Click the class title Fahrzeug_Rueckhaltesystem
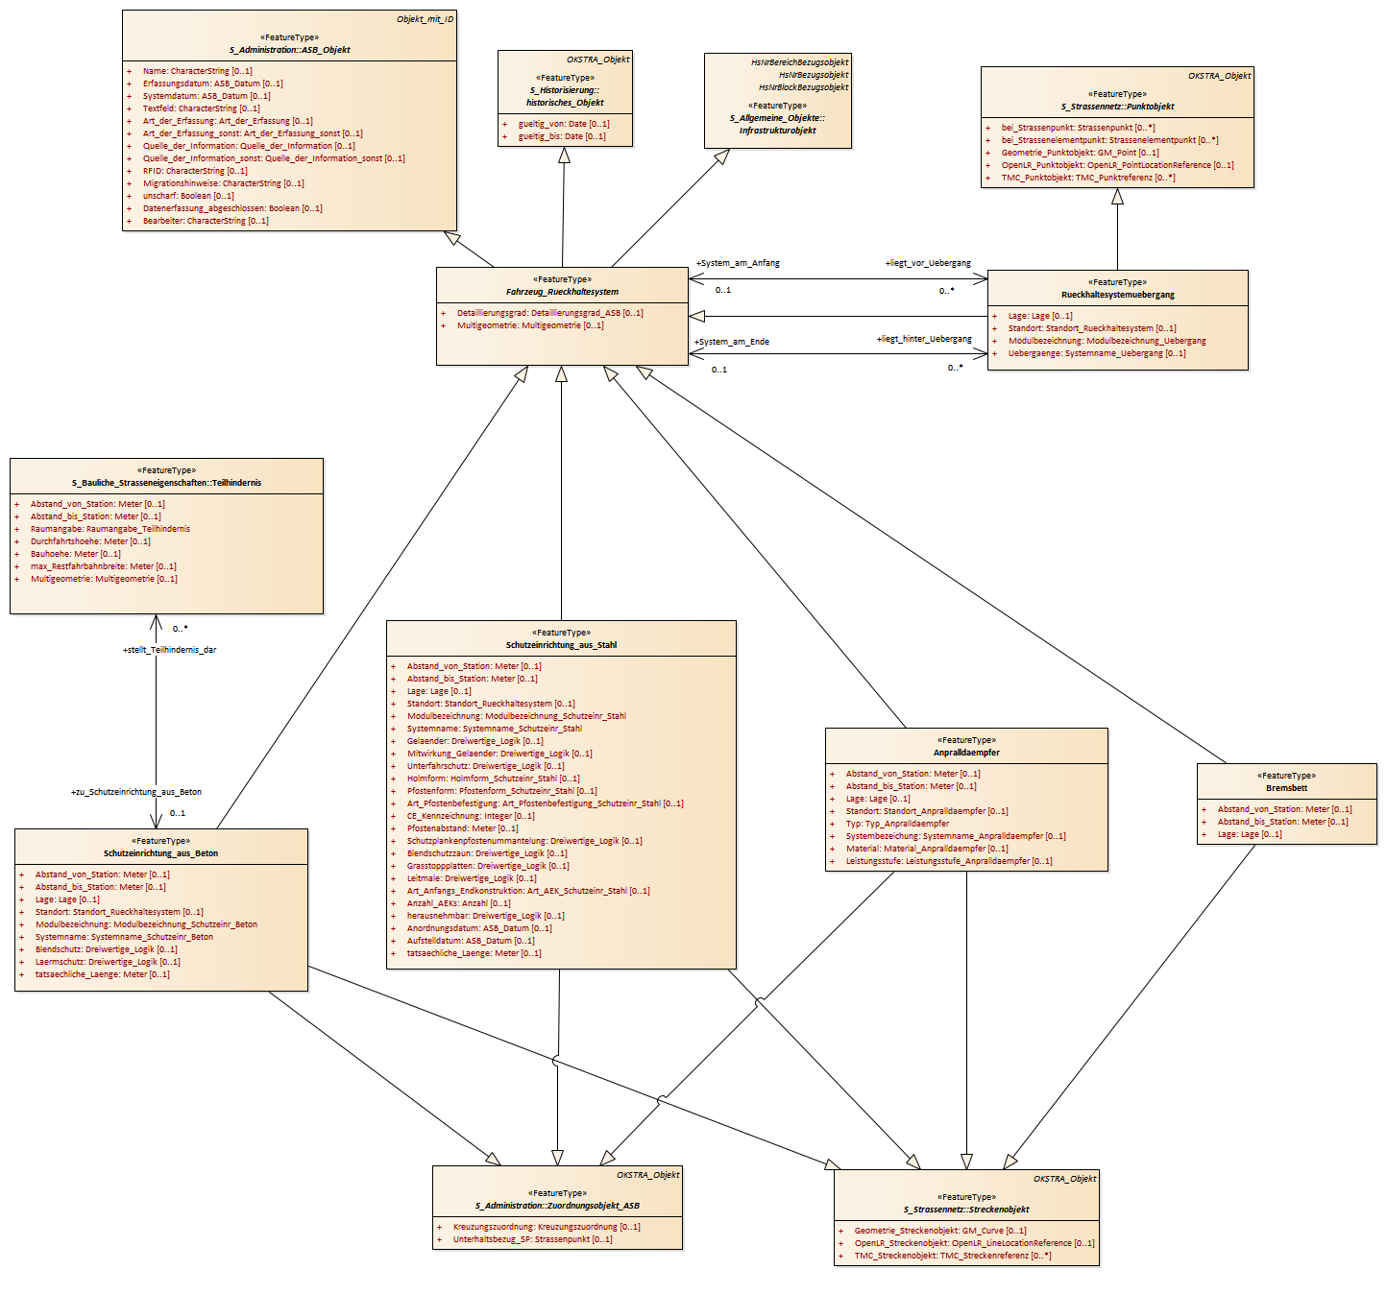[x=562, y=292]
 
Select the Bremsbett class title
[x=1286, y=788]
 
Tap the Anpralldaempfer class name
[x=966, y=753]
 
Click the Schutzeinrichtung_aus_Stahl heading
[x=561, y=645]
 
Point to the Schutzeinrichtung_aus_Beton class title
[x=160, y=853]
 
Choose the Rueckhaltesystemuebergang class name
[x=1117, y=295]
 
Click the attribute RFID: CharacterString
[x=195, y=171]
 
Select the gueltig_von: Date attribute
[x=563, y=124]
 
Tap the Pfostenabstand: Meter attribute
[x=462, y=828]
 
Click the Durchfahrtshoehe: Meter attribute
[x=90, y=541]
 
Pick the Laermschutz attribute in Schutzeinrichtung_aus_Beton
[x=108, y=962]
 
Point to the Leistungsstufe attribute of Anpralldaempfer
[x=948, y=861]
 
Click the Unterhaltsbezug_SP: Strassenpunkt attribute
[x=532, y=1239]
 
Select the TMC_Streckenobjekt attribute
[x=952, y=1256]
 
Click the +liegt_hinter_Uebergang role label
[x=924, y=339]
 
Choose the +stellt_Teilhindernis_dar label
[x=170, y=650]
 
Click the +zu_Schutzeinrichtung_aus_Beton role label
[x=136, y=792]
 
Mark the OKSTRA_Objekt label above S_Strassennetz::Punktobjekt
[x=1219, y=76]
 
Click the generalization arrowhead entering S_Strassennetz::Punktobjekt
[x=1117, y=197]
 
